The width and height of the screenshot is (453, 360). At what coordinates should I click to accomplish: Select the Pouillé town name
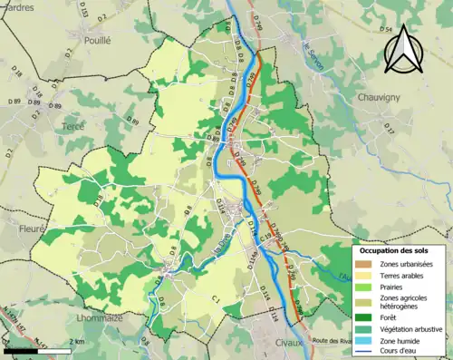pos(96,40)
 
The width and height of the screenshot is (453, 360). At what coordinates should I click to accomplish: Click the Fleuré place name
pos(31,229)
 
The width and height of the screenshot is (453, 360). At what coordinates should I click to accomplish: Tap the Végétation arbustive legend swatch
pos(365,328)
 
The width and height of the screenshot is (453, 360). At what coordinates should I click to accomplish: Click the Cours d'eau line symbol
pos(365,351)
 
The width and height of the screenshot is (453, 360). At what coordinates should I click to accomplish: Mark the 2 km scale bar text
pos(77,342)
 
